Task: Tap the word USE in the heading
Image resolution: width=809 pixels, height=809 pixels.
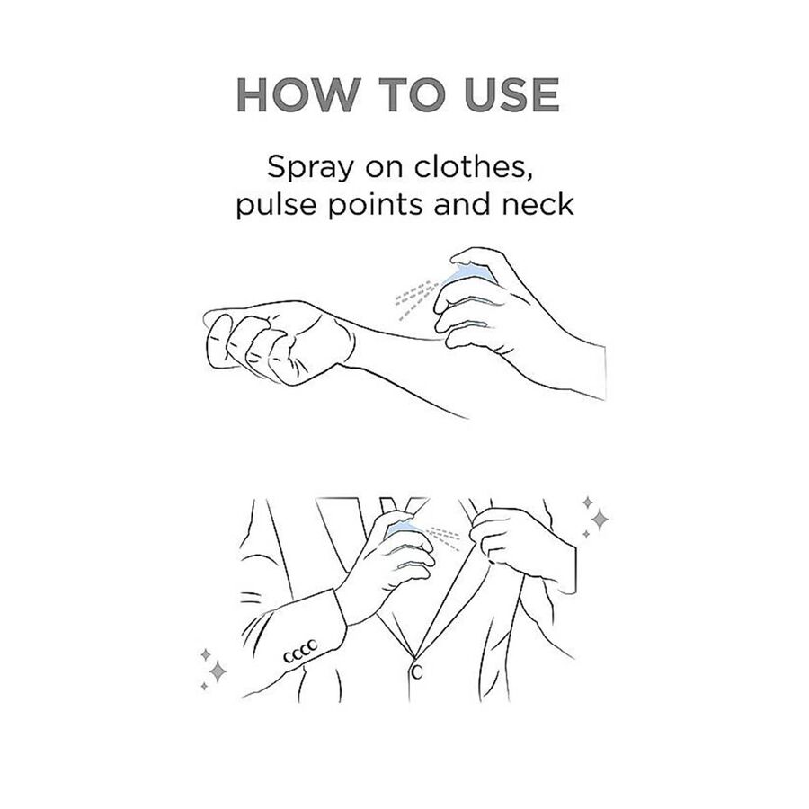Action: (x=511, y=95)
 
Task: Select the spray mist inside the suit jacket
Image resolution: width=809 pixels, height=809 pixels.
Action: (x=444, y=538)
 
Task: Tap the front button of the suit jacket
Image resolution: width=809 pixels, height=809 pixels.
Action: (x=417, y=671)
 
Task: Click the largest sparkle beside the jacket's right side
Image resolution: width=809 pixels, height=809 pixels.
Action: (x=600, y=519)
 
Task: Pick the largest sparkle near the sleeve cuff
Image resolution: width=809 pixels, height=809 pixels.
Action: (x=218, y=671)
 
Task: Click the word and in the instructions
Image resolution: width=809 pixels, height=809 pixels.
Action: (x=462, y=204)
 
